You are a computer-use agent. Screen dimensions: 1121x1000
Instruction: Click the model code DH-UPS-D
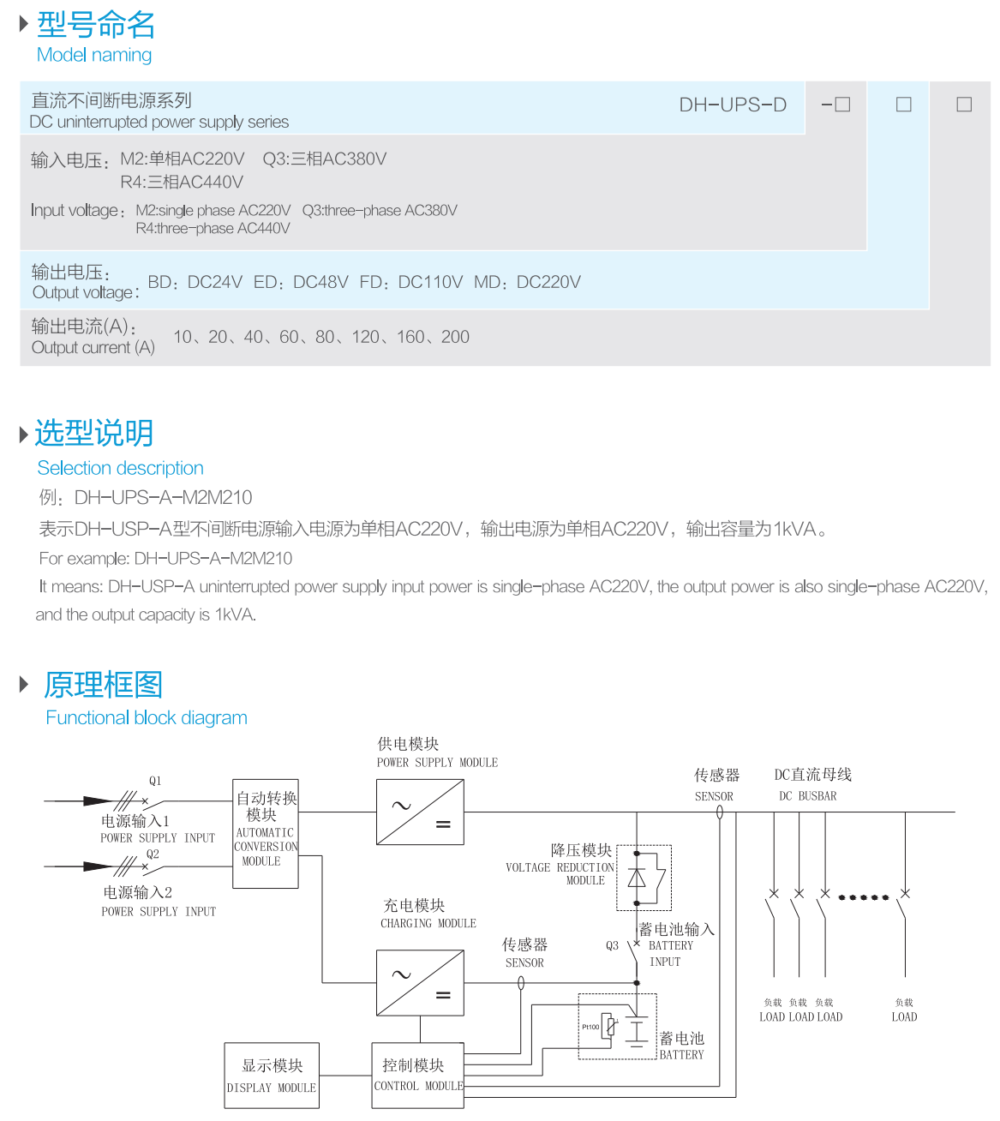(x=733, y=105)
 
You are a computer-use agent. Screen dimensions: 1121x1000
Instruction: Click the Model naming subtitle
(x=94, y=55)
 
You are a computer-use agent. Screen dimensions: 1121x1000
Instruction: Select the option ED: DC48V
(x=301, y=282)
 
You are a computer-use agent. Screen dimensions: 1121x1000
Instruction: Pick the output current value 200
(x=455, y=337)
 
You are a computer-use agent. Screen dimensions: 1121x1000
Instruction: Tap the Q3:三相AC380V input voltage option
(x=325, y=159)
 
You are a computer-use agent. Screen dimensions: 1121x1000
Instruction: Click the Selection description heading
(x=120, y=468)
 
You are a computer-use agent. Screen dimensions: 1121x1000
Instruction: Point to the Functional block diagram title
(x=147, y=717)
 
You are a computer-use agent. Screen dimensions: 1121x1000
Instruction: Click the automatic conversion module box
(x=266, y=833)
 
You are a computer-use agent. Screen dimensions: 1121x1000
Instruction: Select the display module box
(x=272, y=1075)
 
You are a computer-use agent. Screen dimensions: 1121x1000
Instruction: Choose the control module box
(x=417, y=1075)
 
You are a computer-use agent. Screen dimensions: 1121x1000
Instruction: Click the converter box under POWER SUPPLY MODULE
(x=420, y=812)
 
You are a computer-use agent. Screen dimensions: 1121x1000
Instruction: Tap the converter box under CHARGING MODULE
(x=420, y=982)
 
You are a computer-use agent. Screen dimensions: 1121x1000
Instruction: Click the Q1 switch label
(x=155, y=781)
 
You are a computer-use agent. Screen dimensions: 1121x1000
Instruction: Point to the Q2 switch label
(x=153, y=854)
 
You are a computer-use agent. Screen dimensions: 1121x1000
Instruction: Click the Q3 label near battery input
(x=612, y=946)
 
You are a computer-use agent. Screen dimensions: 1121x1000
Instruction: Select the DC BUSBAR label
(x=807, y=796)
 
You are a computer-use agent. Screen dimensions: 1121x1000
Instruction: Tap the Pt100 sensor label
(x=590, y=1027)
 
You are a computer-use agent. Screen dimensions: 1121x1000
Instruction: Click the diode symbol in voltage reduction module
(x=637, y=878)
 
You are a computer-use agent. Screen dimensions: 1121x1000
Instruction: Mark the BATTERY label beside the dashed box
(x=681, y=1055)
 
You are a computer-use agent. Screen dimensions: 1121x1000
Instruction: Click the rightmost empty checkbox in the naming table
(x=964, y=105)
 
